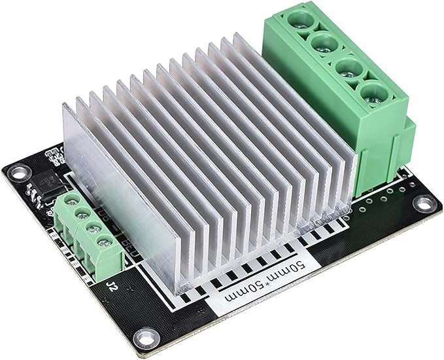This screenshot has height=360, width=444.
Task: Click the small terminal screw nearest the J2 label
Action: click(103, 244)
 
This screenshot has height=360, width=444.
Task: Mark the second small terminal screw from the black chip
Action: click(80, 215)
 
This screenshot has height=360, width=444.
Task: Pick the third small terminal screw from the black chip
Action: click(92, 229)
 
